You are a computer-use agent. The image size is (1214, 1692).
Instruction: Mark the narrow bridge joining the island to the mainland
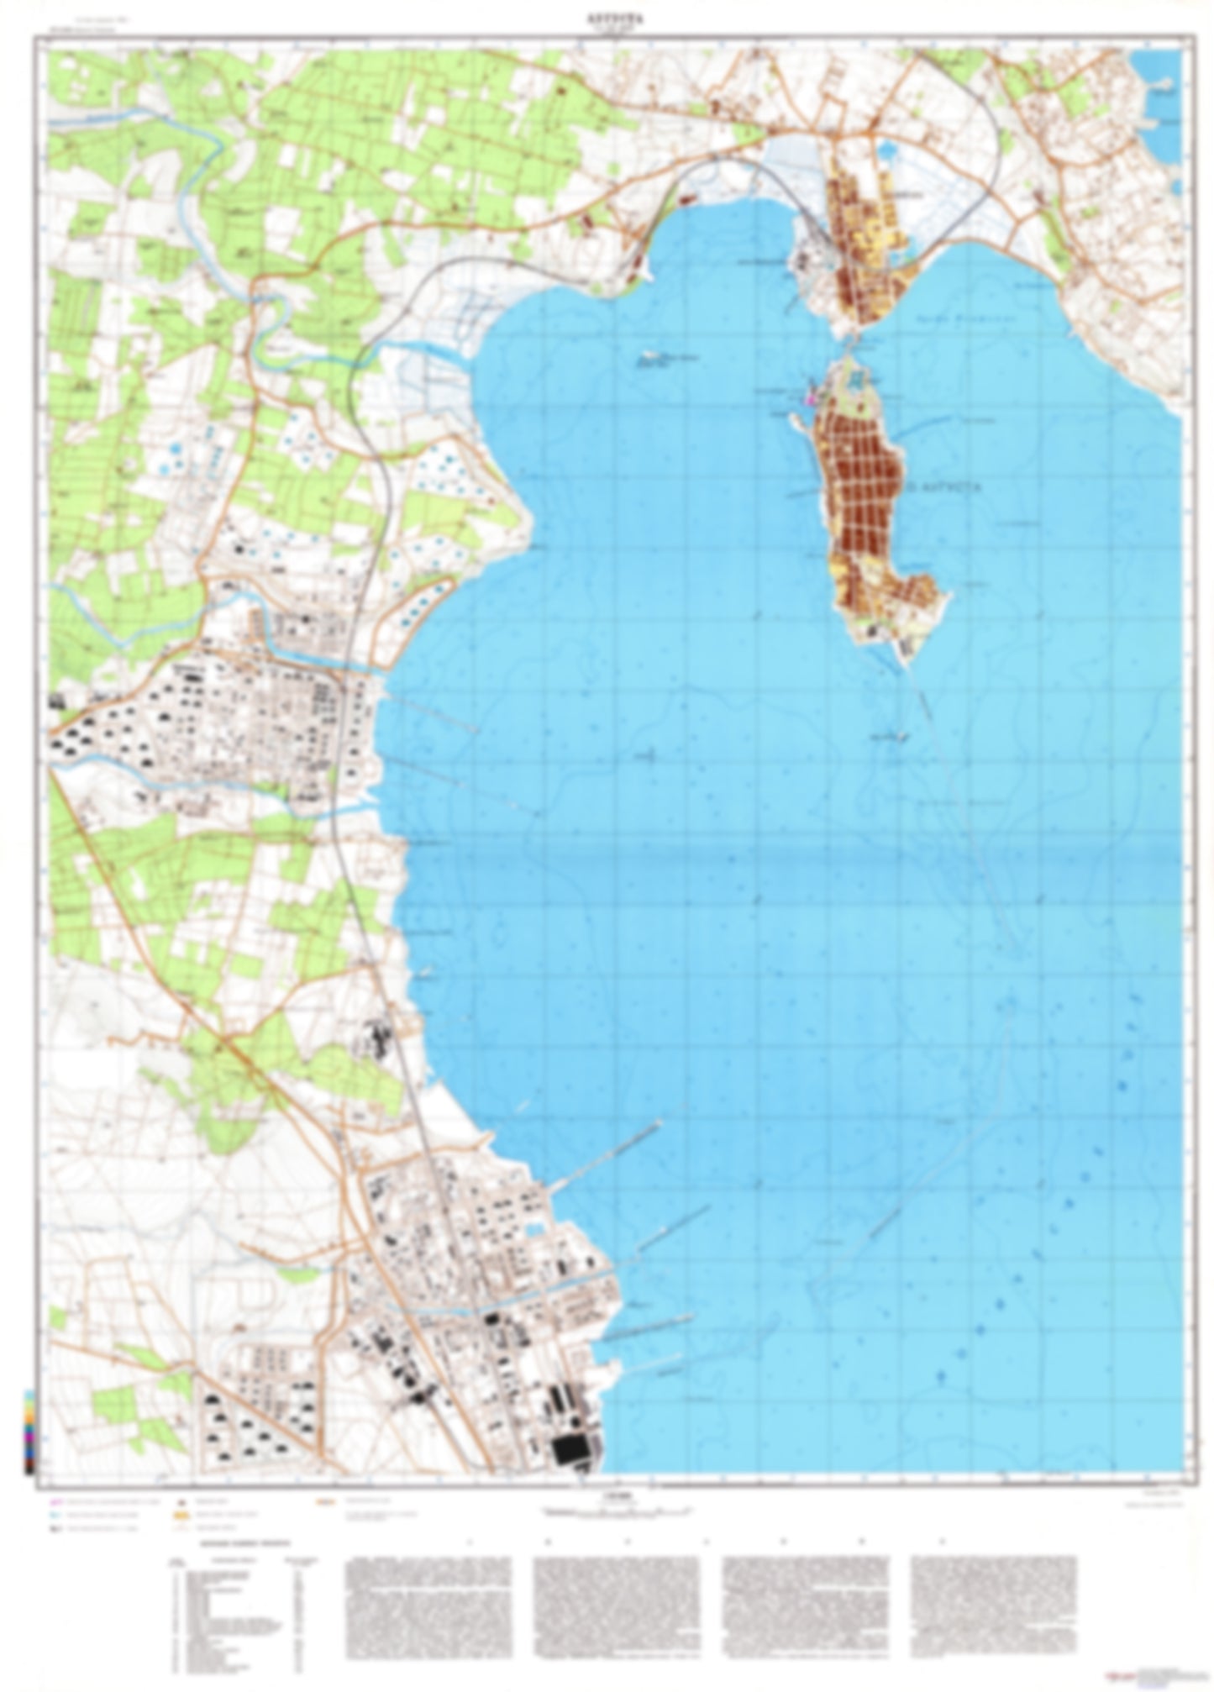(849, 340)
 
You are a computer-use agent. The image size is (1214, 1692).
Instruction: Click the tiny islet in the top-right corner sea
(1163, 83)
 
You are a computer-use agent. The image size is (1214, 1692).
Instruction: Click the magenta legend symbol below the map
(55, 1501)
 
